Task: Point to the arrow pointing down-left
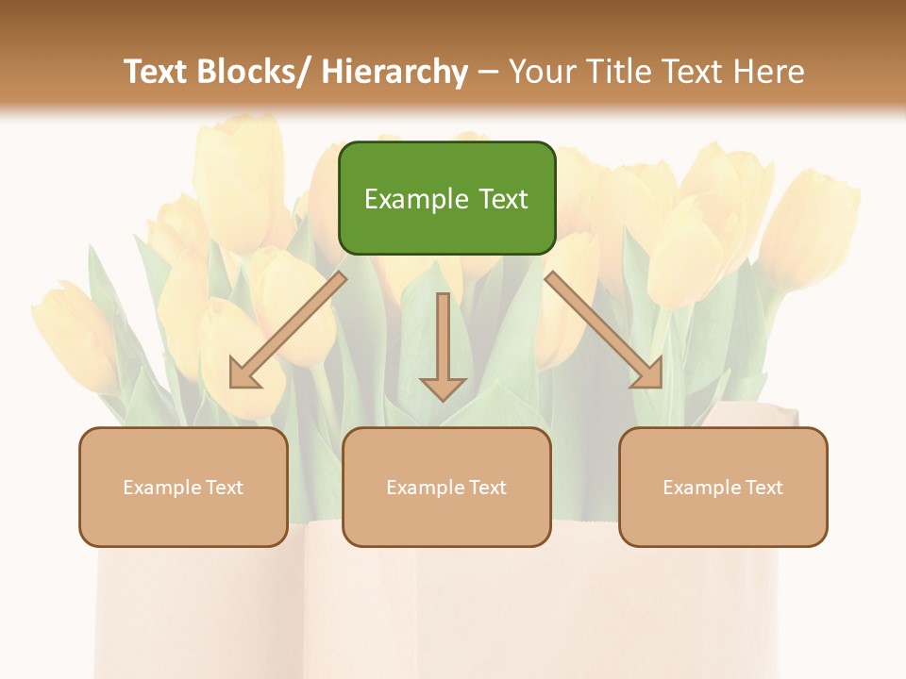click(x=288, y=330)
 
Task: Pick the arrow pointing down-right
click(x=604, y=330)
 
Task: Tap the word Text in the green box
click(x=501, y=199)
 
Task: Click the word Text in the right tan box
click(x=763, y=488)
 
